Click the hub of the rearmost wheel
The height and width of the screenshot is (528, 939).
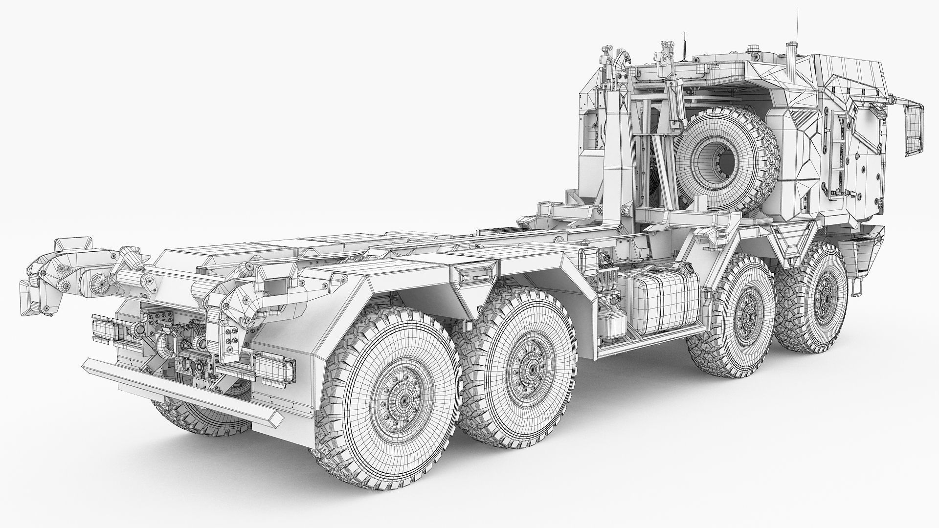click(x=404, y=400)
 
